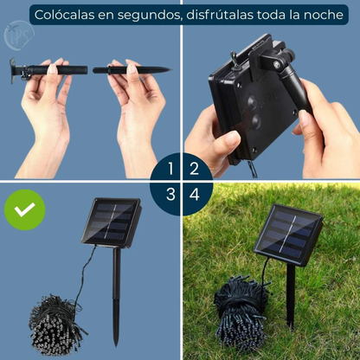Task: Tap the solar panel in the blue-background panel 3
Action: click(x=111, y=222)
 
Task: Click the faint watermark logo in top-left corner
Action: click(x=14, y=36)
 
